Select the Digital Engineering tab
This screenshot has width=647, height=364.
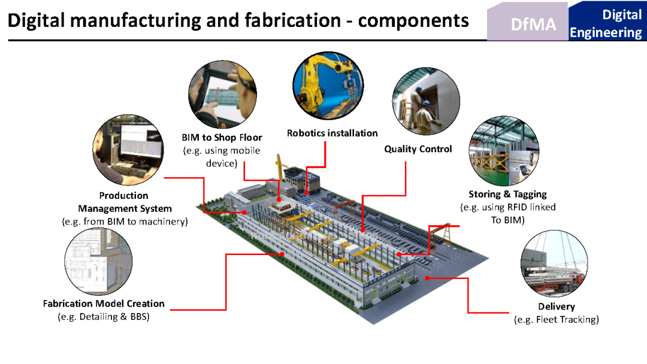[x=606, y=23]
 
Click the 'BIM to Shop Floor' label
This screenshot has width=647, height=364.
[x=222, y=138]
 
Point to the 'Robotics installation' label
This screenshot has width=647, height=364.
[x=332, y=133]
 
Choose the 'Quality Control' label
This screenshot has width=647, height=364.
[x=418, y=149]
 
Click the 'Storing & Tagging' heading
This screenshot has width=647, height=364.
[x=507, y=194]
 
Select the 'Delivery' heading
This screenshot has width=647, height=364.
[x=556, y=307]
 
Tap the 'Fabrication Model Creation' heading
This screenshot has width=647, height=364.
[x=104, y=304]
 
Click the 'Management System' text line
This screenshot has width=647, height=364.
[x=125, y=209]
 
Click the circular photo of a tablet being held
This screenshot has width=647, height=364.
[x=221, y=95]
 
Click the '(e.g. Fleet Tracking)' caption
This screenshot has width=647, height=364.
[x=557, y=320]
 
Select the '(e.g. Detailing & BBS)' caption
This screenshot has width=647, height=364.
[x=104, y=317]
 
